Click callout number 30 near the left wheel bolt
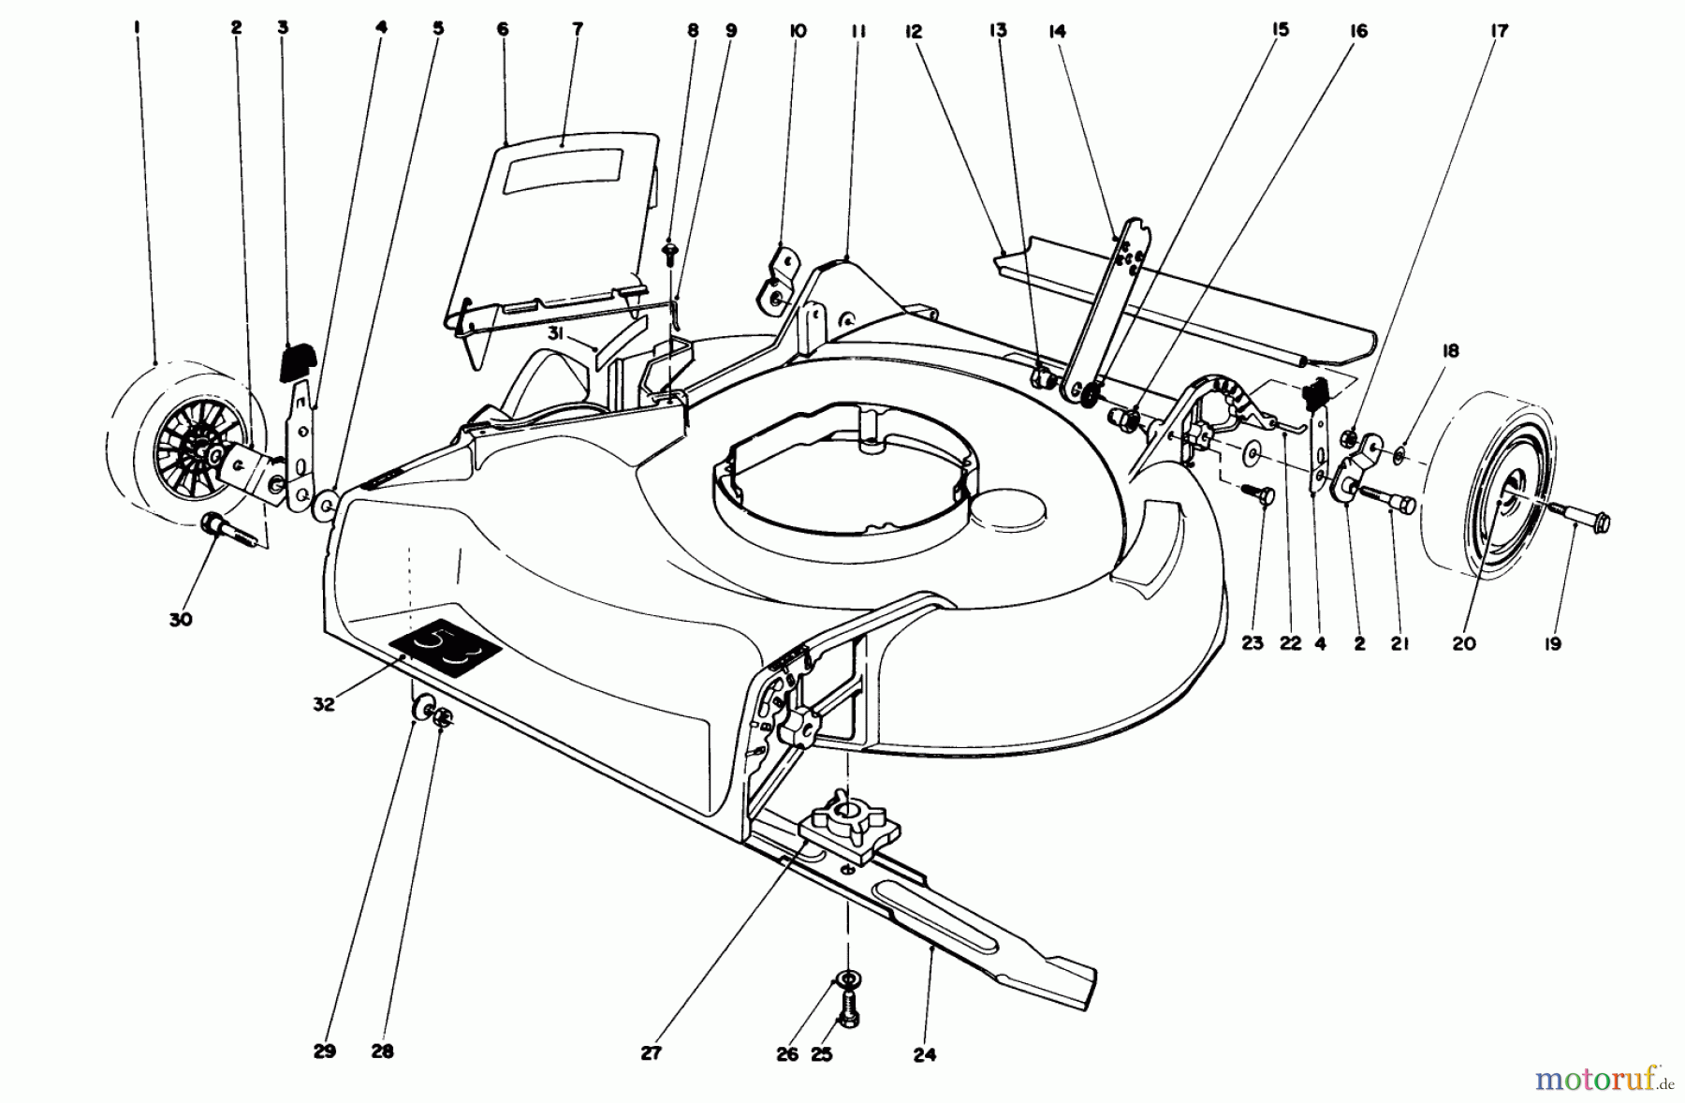click(x=181, y=619)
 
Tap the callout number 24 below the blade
click(x=924, y=1054)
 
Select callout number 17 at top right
click(x=1499, y=30)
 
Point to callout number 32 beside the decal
click(x=323, y=704)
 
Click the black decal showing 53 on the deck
click(x=446, y=646)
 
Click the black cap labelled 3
click(x=299, y=360)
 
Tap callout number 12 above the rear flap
click(x=914, y=31)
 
